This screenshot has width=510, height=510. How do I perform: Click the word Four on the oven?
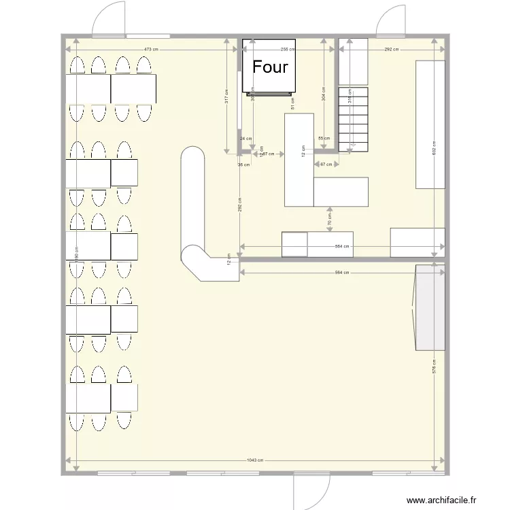(x=271, y=67)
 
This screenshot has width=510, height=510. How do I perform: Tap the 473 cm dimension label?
(x=151, y=50)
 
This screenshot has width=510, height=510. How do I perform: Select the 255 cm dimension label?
(x=287, y=50)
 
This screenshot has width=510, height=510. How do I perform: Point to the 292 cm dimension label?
(x=392, y=50)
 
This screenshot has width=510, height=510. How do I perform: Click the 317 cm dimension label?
(x=226, y=99)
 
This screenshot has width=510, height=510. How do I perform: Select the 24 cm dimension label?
(x=245, y=138)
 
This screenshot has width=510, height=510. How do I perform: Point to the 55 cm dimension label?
(x=323, y=138)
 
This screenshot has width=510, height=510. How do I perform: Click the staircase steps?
(x=353, y=119)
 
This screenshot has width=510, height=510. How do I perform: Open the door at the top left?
(x=109, y=19)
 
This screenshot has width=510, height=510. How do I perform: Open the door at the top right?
(x=392, y=20)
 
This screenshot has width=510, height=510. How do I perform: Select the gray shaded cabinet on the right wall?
(x=430, y=307)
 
